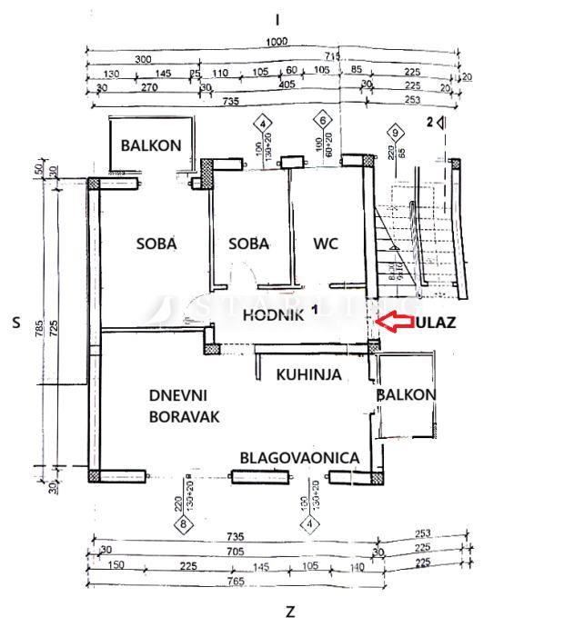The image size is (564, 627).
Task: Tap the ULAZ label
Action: click(x=437, y=322)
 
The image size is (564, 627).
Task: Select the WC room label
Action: click(x=326, y=244)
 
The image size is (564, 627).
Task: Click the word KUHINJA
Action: click(x=308, y=373)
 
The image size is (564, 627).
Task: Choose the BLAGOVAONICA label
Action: click(x=299, y=458)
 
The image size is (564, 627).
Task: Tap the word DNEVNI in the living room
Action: click(x=178, y=395)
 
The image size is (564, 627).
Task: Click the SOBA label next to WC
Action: click(x=248, y=244)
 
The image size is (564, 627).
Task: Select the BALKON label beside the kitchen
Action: click(x=406, y=394)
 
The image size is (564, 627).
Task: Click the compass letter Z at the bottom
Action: click(x=289, y=611)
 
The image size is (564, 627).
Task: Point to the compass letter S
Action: click(x=16, y=322)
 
